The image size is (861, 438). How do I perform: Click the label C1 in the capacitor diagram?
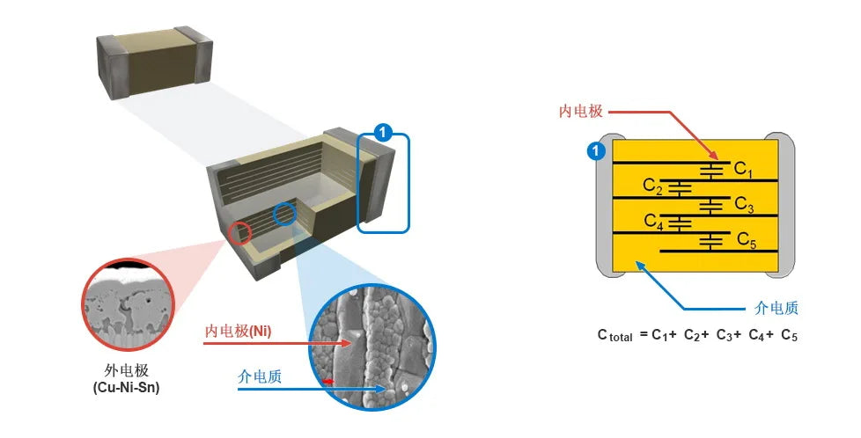(x=744, y=169)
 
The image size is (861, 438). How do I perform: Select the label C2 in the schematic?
(x=652, y=186)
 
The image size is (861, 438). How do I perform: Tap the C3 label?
(x=744, y=206)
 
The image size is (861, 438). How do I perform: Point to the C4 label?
(x=652, y=221)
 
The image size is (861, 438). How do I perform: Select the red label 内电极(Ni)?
(x=238, y=331)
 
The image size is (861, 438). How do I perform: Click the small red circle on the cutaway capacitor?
(x=240, y=233)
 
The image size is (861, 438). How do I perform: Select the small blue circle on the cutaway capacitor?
(x=284, y=214)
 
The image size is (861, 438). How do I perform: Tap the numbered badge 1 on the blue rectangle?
(x=382, y=133)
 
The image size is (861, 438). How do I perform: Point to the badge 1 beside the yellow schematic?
(x=596, y=152)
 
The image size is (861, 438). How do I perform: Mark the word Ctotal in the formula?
(x=614, y=334)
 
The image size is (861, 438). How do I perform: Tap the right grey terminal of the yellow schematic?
(x=782, y=202)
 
